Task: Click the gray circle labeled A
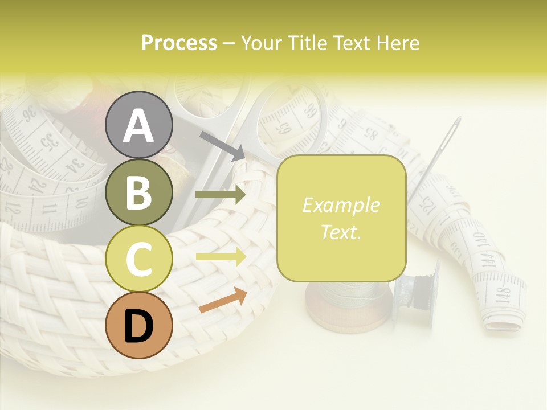(x=138, y=125)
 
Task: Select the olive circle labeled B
(x=138, y=192)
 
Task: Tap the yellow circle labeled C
(x=138, y=259)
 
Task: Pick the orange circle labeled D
(x=138, y=326)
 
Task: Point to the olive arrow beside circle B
(x=220, y=195)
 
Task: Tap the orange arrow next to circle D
(x=223, y=300)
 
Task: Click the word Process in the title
(x=179, y=43)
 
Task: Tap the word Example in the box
(x=341, y=205)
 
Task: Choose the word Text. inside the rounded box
(x=341, y=232)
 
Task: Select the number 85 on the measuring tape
(x=370, y=136)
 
